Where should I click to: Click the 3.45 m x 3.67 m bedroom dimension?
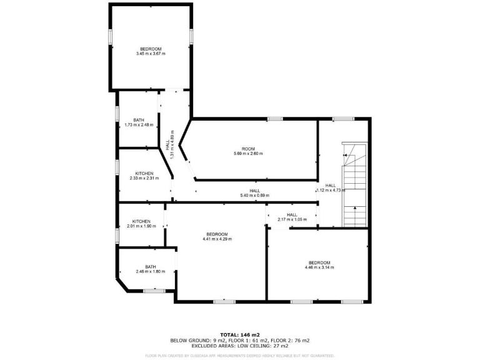(151, 54)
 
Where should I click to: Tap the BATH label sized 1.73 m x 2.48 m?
(139, 124)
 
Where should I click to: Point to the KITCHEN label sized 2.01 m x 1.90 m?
(141, 226)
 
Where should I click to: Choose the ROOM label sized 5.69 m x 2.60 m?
(248, 153)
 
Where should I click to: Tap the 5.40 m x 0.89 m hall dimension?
(254, 196)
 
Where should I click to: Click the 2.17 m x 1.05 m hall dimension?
(291, 219)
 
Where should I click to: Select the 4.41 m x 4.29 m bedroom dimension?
(217, 239)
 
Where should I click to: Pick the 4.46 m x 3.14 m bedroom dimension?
(319, 267)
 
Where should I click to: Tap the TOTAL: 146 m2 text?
(240, 334)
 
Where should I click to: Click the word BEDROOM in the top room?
(151, 49)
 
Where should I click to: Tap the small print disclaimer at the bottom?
(240, 355)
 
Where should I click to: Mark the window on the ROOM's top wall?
(275, 119)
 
